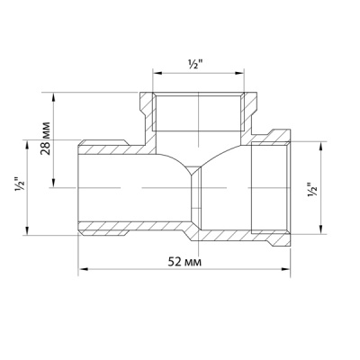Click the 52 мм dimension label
tap(184, 262)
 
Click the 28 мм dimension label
tap(45, 138)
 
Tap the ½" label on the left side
tap(20, 186)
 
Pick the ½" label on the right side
tap(312, 190)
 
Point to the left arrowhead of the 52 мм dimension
tap(83, 269)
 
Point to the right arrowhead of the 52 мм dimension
tap(286, 269)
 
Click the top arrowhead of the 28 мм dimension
tap(54, 97)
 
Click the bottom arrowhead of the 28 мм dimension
tap(54, 183)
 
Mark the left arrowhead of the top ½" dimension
tap(157, 73)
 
